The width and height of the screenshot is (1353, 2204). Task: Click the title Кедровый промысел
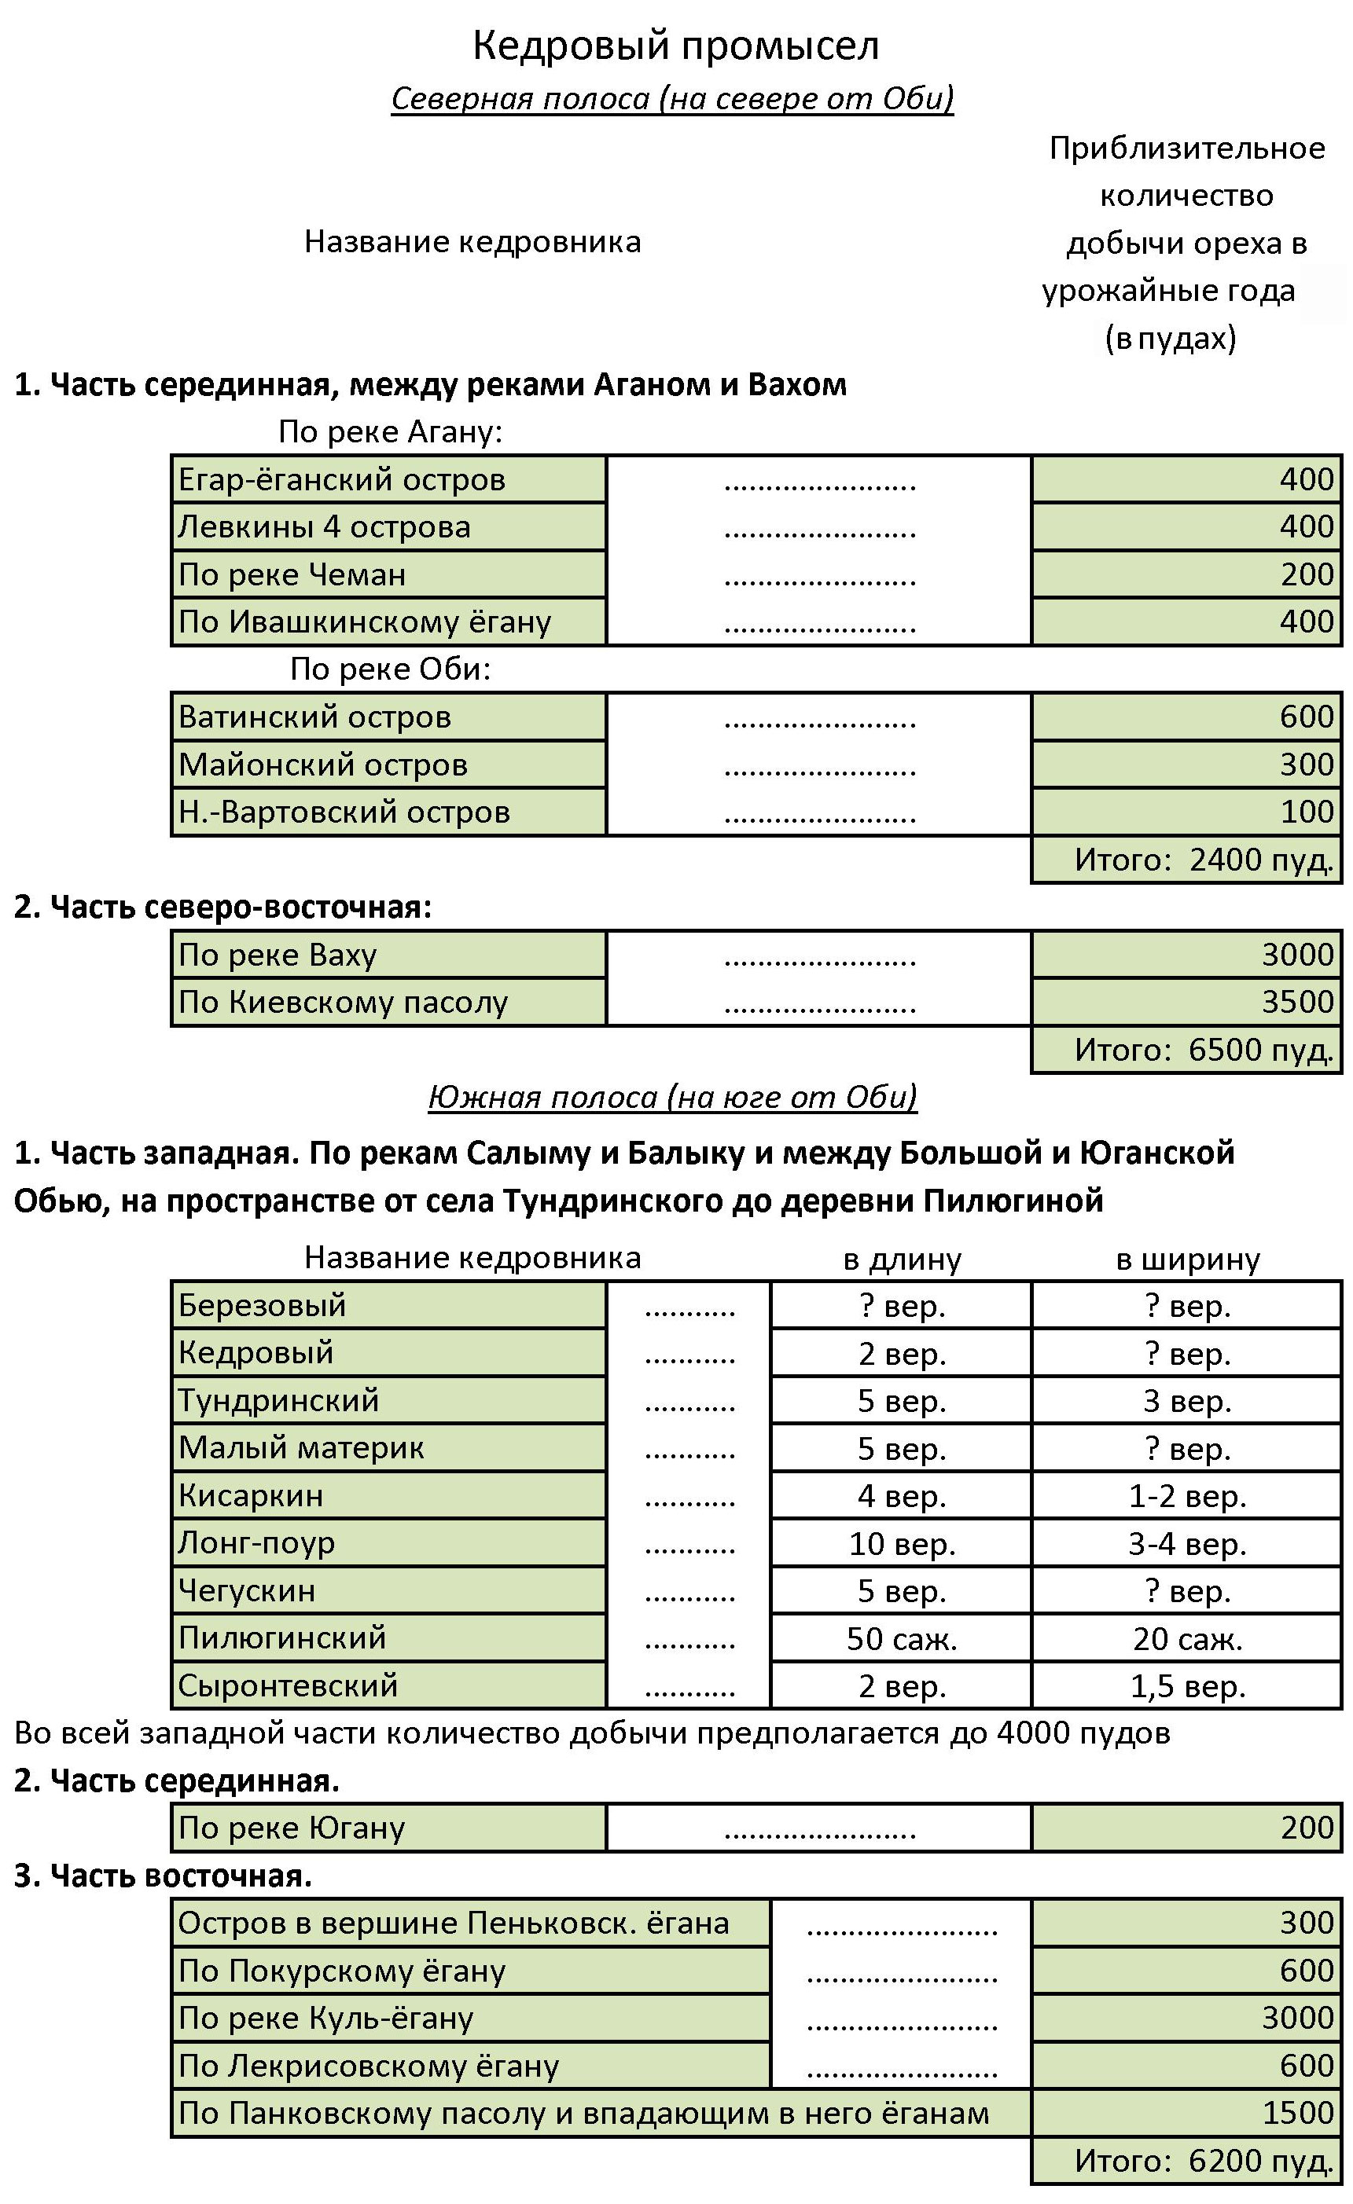[675, 46]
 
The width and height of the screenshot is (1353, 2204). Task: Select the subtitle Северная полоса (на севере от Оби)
[672, 98]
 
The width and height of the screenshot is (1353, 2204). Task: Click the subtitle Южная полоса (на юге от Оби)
[672, 1098]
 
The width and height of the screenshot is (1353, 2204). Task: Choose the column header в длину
[902, 1260]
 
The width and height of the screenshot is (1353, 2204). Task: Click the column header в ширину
[1187, 1260]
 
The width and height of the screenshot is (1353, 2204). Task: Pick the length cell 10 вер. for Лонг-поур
[902, 1544]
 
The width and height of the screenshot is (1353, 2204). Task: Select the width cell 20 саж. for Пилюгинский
[1187, 1639]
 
